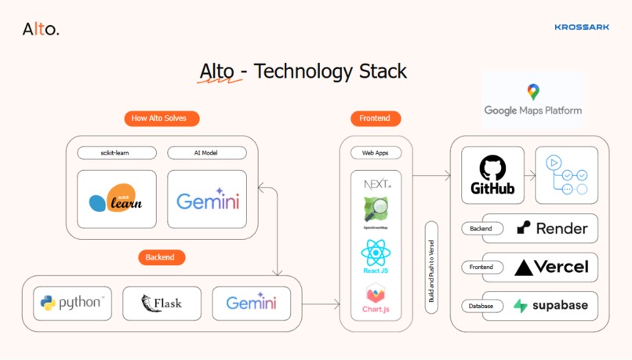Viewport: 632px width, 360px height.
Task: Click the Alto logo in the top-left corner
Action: pyautogui.click(x=40, y=30)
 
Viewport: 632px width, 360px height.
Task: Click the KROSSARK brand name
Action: pyautogui.click(x=581, y=27)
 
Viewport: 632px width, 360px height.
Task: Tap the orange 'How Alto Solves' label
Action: pyautogui.click(x=162, y=118)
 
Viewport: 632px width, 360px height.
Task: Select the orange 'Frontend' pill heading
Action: pyautogui.click(x=376, y=118)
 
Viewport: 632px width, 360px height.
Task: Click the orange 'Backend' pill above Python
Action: pyautogui.click(x=161, y=257)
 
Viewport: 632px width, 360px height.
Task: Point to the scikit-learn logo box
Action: pyautogui.click(x=117, y=200)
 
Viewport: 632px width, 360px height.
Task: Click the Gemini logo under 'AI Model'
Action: pyautogui.click(x=207, y=200)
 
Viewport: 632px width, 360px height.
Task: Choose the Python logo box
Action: pyautogui.click(x=74, y=303)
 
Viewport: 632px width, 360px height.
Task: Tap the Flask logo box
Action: pyautogui.click(x=162, y=303)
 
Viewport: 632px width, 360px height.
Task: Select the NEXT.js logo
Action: pyautogui.click(x=376, y=184)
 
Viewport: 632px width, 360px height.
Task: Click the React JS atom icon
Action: pyautogui.click(x=376, y=253)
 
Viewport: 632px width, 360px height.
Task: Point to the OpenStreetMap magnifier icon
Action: pyautogui.click(x=376, y=209)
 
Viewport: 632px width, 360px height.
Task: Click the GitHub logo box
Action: pyautogui.click(x=492, y=175)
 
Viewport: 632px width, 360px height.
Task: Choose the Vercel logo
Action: pyautogui.click(x=551, y=267)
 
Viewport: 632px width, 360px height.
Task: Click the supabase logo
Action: pyautogui.click(x=550, y=306)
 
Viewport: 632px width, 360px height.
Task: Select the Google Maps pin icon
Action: pyautogui.click(x=533, y=92)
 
